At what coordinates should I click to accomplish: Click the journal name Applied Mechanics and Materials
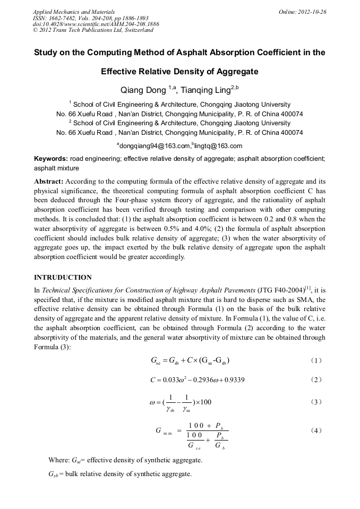click(74, 11)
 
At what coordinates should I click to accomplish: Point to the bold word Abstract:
click(49, 181)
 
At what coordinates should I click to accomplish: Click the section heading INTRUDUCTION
click(63, 278)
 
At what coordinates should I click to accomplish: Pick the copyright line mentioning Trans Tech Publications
click(93, 30)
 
